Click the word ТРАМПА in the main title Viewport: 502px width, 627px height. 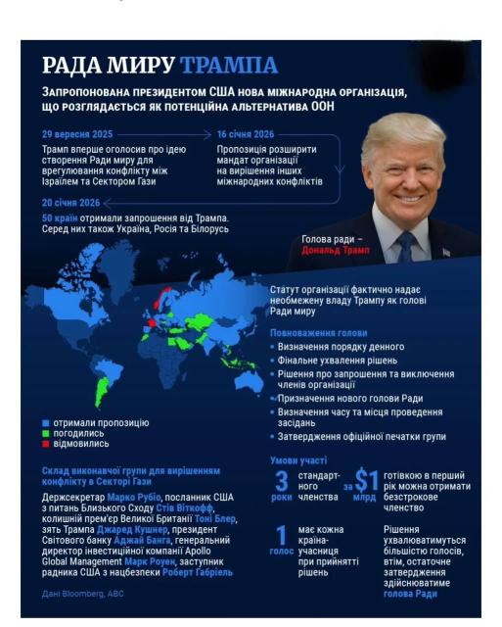pos(229,66)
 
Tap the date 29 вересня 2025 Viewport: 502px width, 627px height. pos(78,133)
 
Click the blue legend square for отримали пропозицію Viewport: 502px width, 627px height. pos(46,423)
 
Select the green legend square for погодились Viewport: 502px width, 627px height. pos(46,433)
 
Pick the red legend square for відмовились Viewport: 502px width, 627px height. pos(46,444)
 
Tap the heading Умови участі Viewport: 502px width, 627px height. pos(297,459)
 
